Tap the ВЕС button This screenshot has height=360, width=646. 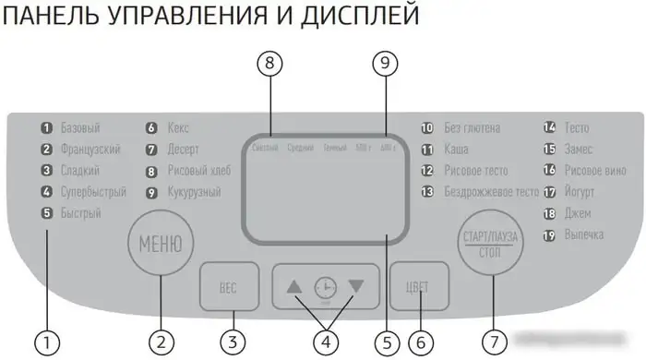point(228,287)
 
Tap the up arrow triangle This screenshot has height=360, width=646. point(294,286)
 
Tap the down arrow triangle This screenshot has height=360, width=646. point(356,286)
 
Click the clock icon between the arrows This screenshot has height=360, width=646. point(325,287)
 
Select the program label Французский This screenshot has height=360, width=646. point(90,150)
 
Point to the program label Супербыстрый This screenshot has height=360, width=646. point(92,192)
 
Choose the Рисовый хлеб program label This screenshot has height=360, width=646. point(199,171)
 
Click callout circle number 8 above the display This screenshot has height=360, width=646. point(268,65)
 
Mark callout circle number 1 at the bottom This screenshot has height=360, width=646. point(46,342)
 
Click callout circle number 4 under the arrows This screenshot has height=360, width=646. point(324,342)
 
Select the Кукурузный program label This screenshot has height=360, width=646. point(194,192)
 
